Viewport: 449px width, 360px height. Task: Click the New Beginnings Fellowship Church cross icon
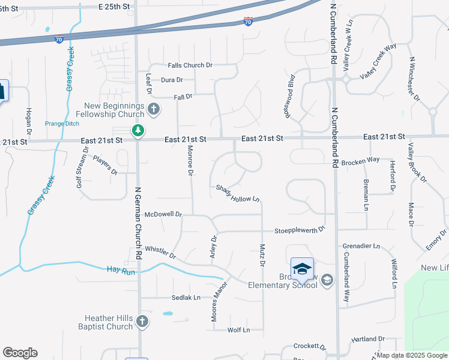[x=154, y=109]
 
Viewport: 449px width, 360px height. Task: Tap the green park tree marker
[x=138, y=130]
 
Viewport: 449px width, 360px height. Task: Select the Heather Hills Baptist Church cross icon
[x=142, y=322]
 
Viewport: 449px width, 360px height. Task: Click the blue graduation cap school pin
[x=302, y=269]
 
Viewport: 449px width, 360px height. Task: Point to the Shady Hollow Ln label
[x=238, y=193]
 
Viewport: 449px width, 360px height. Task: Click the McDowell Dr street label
[x=163, y=214]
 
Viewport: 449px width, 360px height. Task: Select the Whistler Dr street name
[x=160, y=252]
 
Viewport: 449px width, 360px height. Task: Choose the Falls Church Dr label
[x=190, y=65]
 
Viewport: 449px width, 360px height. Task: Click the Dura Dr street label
[x=172, y=80]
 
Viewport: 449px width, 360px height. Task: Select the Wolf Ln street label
[x=238, y=330]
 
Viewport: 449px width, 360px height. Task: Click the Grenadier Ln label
[x=361, y=246]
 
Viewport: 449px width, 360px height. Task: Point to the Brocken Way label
[x=360, y=160]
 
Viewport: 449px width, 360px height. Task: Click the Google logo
[x=20, y=353]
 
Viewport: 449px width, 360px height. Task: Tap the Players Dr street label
[x=105, y=165]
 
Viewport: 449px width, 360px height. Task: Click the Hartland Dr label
[x=368, y=339]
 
